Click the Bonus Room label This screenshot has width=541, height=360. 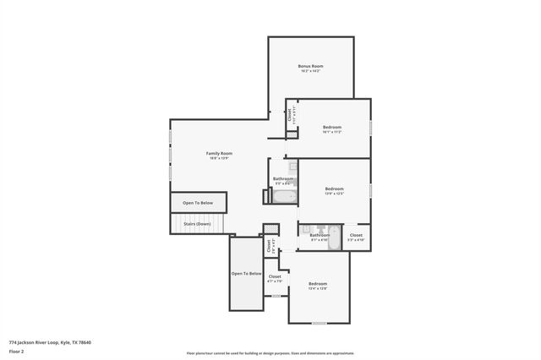point(311,66)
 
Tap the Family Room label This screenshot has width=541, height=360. point(219,153)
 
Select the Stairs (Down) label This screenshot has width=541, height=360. point(198,224)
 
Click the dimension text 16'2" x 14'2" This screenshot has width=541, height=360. point(311,71)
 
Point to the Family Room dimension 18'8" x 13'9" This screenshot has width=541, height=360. point(219,158)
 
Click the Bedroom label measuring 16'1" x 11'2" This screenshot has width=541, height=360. point(331,128)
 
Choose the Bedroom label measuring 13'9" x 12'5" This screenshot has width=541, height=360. point(335,188)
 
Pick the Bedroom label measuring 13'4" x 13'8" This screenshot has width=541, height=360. point(318,283)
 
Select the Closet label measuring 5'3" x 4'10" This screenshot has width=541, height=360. point(356,235)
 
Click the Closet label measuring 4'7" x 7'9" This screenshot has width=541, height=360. point(275,276)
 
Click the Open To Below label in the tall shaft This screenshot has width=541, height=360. point(247,274)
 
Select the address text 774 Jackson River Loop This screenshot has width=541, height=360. point(50,342)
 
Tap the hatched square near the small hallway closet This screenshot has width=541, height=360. point(270,229)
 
